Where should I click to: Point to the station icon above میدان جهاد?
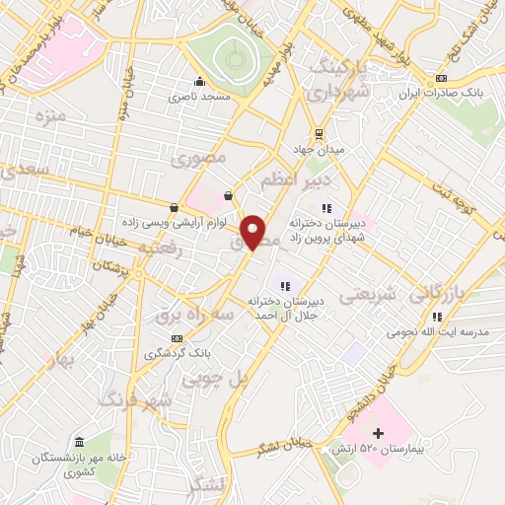(318, 134)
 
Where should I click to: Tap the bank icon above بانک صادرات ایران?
(441, 78)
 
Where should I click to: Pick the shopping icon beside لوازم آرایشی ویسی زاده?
(175, 207)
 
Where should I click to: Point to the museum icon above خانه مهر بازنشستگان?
(79, 440)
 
